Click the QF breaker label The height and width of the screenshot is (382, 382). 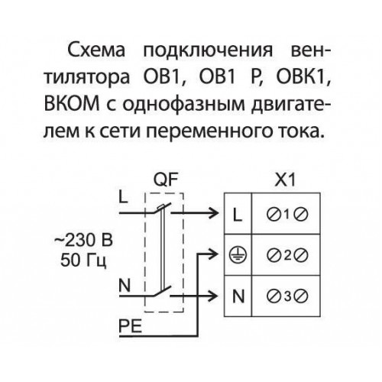click(x=165, y=180)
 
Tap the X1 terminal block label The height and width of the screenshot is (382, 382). click(x=285, y=180)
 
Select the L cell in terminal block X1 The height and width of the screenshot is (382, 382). click(x=238, y=214)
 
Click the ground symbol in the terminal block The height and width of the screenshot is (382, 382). click(x=238, y=255)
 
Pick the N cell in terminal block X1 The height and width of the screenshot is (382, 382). click(x=238, y=296)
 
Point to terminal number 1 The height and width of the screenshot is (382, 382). click(x=286, y=215)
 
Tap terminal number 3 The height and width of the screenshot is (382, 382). click(x=287, y=296)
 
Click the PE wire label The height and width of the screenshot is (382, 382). click(x=131, y=325)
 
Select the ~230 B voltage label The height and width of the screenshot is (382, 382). click(x=83, y=241)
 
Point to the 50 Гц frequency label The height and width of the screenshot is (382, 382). click(x=83, y=261)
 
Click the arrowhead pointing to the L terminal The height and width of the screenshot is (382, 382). click(x=213, y=212)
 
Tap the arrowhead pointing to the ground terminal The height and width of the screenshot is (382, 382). click(x=213, y=254)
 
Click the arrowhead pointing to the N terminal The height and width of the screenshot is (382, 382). click(x=213, y=296)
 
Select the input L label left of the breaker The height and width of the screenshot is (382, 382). click(x=123, y=196)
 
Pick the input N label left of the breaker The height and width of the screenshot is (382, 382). click(x=125, y=285)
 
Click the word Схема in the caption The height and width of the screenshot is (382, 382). click(x=96, y=50)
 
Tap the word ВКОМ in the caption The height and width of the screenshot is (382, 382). click(x=72, y=105)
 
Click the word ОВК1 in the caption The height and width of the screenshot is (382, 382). click(x=303, y=78)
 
